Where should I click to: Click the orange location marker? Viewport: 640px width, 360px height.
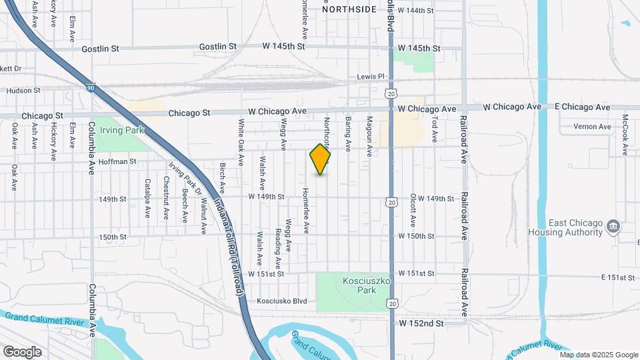pyautogui.click(x=320, y=160)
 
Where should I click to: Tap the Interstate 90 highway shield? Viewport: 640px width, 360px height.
pyautogui.click(x=90, y=87)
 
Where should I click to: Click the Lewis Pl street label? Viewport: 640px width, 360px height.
pyautogui.click(x=371, y=77)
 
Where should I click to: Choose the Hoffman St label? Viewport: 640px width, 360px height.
pyautogui.click(x=117, y=161)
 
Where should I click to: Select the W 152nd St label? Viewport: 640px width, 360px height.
pyautogui.click(x=421, y=323)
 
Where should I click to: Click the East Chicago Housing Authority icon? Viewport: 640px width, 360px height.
pyautogui.click(x=613, y=227)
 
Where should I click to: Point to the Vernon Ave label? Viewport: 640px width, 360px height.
pyautogui.click(x=595, y=127)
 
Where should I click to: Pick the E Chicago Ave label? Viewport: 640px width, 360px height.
pyautogui.click(x=582, y=107)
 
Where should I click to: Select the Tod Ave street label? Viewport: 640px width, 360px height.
pyautogui.click(x=435, y=130)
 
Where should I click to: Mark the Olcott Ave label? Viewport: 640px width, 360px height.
pyautogui.click(x=413, y=211)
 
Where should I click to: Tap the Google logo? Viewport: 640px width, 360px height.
pyautogui.click(x=22, y=351)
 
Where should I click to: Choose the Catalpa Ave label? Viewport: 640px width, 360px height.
pyautogui.click(x=147, y=198)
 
